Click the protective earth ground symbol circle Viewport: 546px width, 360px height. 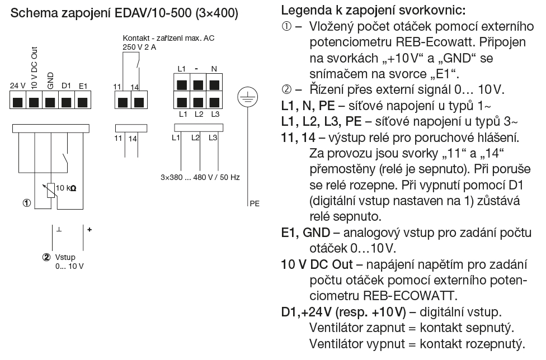pos(248,97)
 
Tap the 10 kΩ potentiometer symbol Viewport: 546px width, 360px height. pos(51,190)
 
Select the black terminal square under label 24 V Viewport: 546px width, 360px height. pos(18,102)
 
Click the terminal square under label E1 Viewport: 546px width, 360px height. pos(83,102)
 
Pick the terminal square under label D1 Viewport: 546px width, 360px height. pos(66,102)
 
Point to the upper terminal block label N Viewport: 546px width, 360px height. pos(214,69)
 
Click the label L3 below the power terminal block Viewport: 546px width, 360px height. pos(215,114)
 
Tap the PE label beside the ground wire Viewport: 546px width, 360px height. pos(255,203)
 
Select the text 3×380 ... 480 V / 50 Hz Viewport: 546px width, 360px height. pos(200,177)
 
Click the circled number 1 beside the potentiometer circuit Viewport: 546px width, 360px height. pos(27,203)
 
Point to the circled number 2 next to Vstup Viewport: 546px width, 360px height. pos(46,257)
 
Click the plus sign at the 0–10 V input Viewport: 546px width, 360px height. pos(90,230)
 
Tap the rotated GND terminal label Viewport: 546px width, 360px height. pos(50,80)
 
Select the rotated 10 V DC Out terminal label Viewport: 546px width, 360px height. pos(34,68)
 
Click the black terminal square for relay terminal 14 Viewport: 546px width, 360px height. pos(139,102)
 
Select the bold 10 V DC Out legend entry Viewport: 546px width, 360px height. pos(317,264)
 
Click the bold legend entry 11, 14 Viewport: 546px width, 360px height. pos(298,138)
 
